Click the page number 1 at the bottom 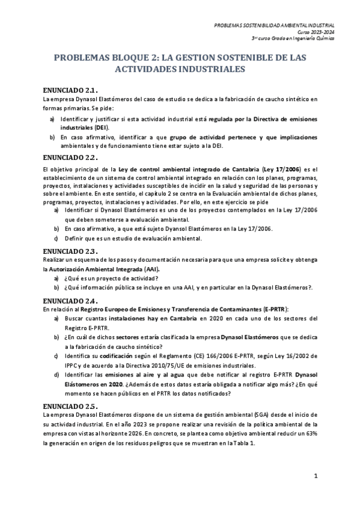[316, 476]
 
